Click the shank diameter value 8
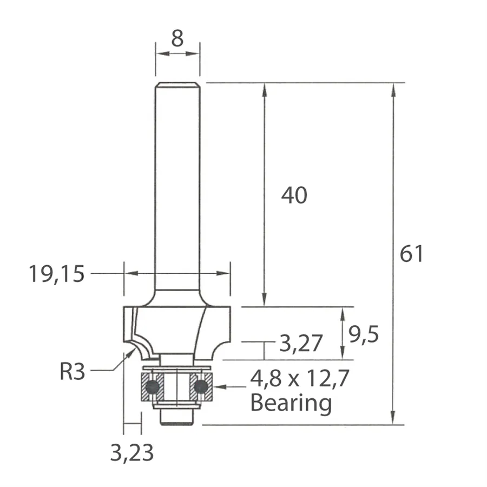pyautogui.click(x=177, y=38)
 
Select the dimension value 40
pyautogui.click(x=294, y=195)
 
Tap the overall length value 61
pyautogui.click(x=411, y=254)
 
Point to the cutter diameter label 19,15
pyautogui.click(x=56, y=274)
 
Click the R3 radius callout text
pyautogui.click(x=72, y=371)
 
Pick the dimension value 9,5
pyautogui.click(x=364, y=335)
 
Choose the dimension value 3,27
pyautogui.click(x=301, y=343)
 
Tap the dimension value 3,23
pyautogui.click(x=132, y=453)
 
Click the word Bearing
pyautogui.click(x=291, y=403)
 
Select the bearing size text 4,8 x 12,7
pyautogui.click(x=300, y=379)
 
